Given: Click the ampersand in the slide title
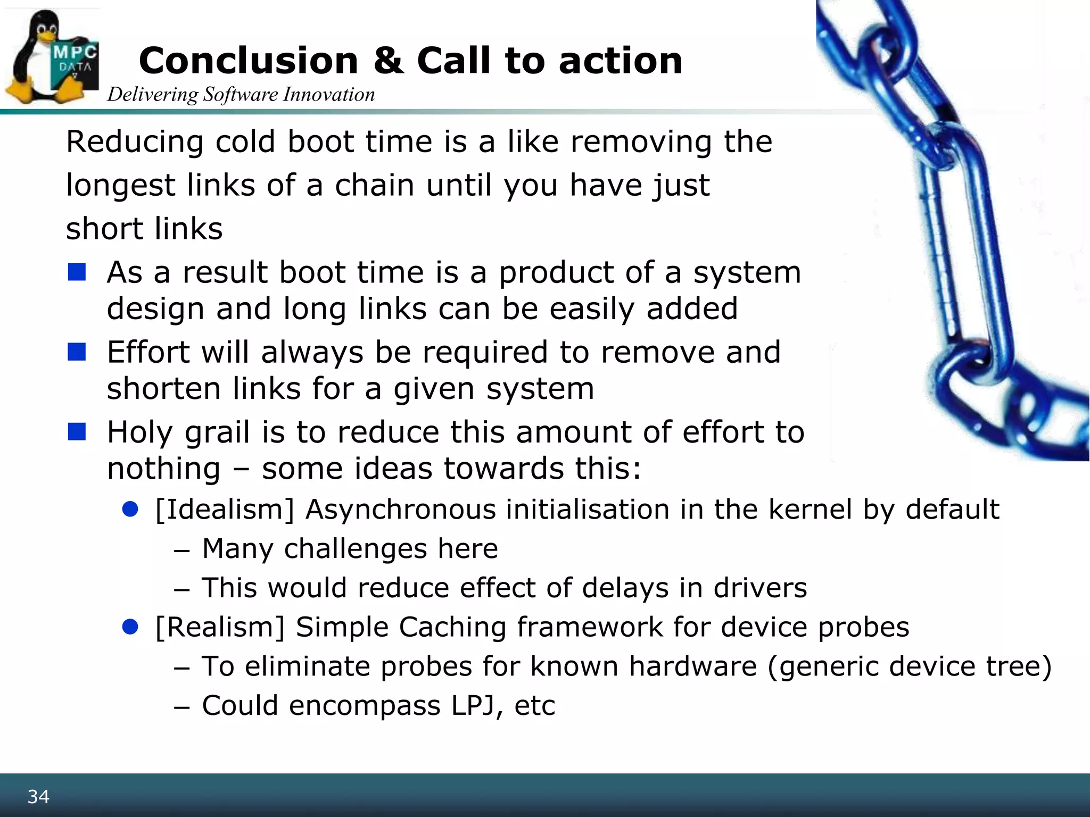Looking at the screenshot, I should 387,61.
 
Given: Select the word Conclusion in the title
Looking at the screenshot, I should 248,61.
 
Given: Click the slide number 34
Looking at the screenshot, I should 38,797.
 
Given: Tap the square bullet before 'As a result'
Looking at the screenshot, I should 77,272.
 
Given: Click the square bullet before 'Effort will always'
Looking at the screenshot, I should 77,352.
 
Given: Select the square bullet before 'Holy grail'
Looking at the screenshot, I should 77,432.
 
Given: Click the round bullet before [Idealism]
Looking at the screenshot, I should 130,510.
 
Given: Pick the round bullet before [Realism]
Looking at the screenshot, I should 130,627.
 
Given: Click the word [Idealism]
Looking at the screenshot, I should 225,510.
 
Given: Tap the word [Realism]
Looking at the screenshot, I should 220,627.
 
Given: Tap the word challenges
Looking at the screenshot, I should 356,549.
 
